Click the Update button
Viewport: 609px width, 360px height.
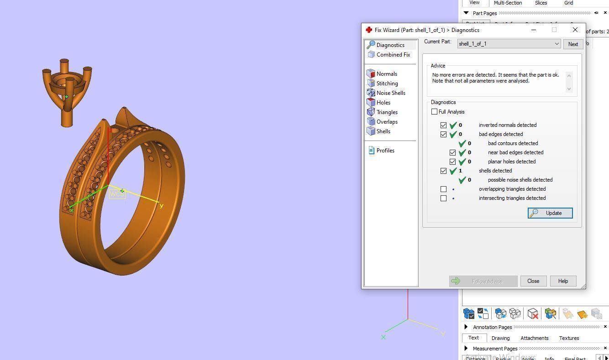coord(550,213)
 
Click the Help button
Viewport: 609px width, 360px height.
coord(563,281)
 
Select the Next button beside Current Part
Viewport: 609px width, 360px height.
coord(573,44)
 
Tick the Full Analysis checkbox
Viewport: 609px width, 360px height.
coord(435,112)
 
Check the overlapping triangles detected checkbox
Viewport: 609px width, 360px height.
coord(443,189)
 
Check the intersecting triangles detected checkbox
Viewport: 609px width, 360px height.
coord(443,198)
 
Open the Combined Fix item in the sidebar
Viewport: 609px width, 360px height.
coord(393,55)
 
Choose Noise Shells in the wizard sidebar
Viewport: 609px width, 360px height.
coord(390,93)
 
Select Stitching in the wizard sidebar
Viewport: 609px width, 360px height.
coord(387,83)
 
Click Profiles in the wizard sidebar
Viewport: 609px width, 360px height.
coord(385,151)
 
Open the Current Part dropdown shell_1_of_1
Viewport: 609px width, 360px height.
coord(509,44)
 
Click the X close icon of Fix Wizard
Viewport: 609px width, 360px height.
coord(575,30)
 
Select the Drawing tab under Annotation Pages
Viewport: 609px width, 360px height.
coord(500,338)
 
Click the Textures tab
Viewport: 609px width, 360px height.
coord(569,338)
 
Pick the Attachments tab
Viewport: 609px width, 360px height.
coord(534,338)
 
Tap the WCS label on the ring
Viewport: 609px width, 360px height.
coord(117,194)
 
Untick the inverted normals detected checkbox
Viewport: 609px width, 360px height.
coord(443,125)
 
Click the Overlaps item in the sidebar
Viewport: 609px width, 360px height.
coord(387,122)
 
